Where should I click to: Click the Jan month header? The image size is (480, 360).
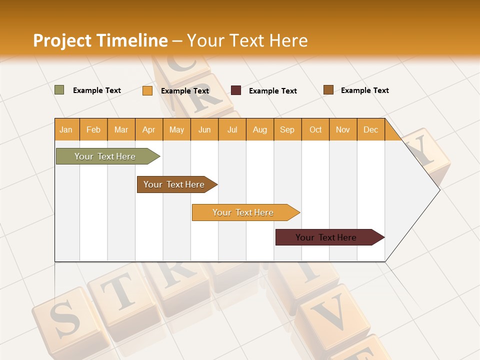click(x=66, y=129)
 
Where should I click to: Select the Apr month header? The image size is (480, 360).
click(x=148, y=129)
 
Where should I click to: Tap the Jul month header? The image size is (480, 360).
click(x=232, y=129)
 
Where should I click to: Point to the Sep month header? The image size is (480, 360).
click(x=287, y=129)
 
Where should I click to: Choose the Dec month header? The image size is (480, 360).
click(x=370, y=129)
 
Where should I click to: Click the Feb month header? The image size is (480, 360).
click(x=93, y=129)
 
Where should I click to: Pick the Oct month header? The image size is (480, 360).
click(x=315, y=129)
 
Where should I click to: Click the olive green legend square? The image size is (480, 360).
click(x=59, y=90)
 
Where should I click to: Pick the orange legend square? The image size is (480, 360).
click(x=147, y=90)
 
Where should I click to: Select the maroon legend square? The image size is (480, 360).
click(x=236, y=90)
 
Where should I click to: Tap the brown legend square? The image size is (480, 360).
click(x=328, y=90)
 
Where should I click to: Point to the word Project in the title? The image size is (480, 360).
click(x=62, y=40)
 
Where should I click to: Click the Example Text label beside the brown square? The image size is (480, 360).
click(x=364, y=90)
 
